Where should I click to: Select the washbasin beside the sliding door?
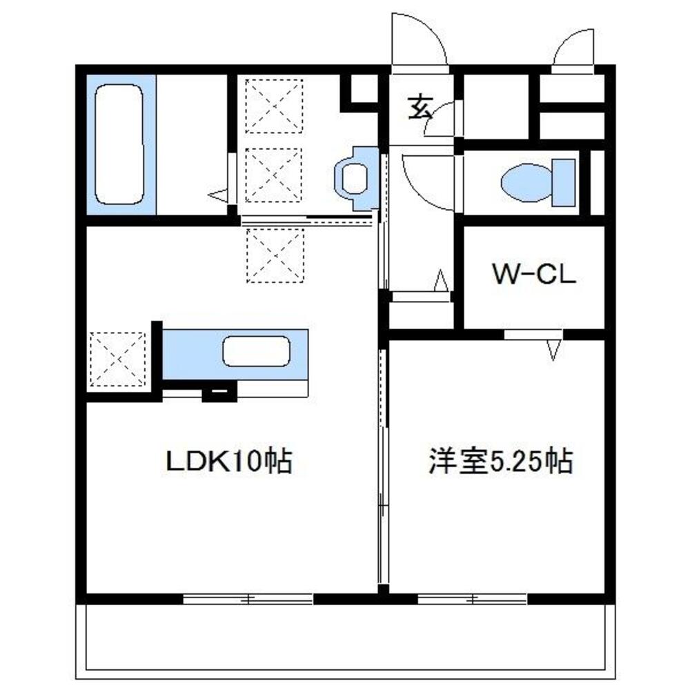[355, 179]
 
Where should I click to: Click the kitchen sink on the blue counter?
[255, 352]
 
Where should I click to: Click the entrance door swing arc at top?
[417, 38]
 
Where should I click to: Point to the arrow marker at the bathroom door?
[219, 195]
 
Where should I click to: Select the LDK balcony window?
[248, 598]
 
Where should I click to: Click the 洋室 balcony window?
[473, 598]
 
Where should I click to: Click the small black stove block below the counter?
[219, 394]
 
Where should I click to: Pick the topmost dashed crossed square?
[275, 106]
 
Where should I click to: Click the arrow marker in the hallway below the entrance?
[441, 281]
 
